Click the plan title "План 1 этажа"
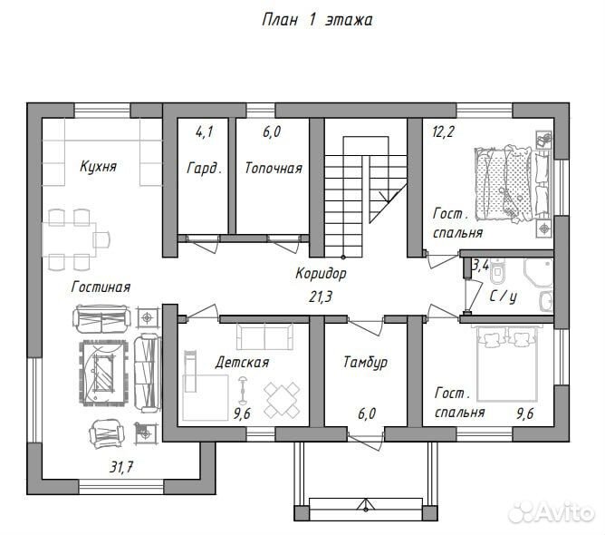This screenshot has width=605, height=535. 317,20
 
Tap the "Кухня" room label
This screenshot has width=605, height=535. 98,167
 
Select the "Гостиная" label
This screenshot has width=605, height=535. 101,287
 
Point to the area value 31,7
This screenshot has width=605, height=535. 121,467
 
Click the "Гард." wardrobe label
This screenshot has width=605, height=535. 205,168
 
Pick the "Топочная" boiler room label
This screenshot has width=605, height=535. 274,168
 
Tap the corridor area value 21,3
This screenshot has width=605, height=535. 321,297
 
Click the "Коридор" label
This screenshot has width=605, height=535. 321,274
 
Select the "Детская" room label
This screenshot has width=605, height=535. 242,363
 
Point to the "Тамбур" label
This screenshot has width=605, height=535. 365,363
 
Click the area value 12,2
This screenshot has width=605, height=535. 443,132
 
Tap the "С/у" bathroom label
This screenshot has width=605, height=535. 504,297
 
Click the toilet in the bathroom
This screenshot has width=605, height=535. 498,270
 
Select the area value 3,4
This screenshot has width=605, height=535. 481,266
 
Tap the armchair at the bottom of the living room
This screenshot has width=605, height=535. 107,433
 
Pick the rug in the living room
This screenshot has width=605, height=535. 103,373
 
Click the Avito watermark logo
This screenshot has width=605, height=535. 552,512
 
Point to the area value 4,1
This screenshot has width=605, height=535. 205,132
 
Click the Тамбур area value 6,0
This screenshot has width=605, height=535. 367,413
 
